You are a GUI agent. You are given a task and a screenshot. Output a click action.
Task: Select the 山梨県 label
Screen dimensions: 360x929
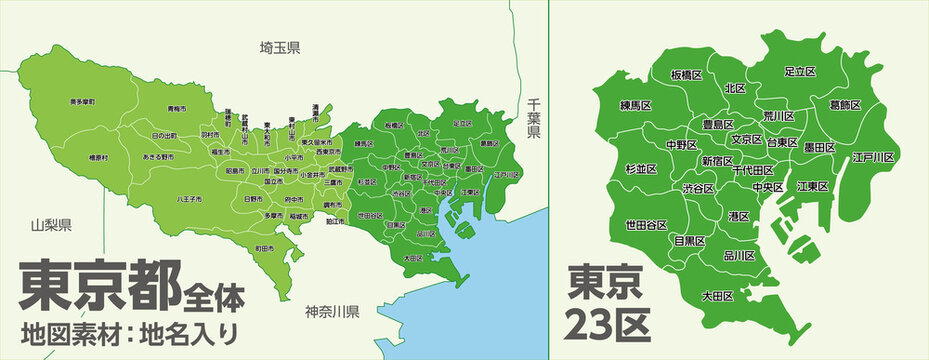click(49, 225)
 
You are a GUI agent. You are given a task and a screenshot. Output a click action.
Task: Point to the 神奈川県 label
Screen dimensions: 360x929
click(332, 311)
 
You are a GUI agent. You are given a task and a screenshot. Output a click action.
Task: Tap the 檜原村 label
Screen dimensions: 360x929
click(99, 157)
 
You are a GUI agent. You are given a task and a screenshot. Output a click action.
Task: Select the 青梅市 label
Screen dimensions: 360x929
click(176, 108)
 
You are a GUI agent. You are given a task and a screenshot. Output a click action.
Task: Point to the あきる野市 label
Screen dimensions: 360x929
click(158, 157)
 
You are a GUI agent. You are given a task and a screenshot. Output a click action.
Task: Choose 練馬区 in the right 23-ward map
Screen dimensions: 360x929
click(636, 105)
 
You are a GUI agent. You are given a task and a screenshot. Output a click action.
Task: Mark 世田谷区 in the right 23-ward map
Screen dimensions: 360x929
click(646, 225)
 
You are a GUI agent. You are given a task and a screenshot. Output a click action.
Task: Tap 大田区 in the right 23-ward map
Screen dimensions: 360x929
click(718, 296)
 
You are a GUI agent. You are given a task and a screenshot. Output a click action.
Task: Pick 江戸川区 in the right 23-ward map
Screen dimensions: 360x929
click(873, 158)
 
